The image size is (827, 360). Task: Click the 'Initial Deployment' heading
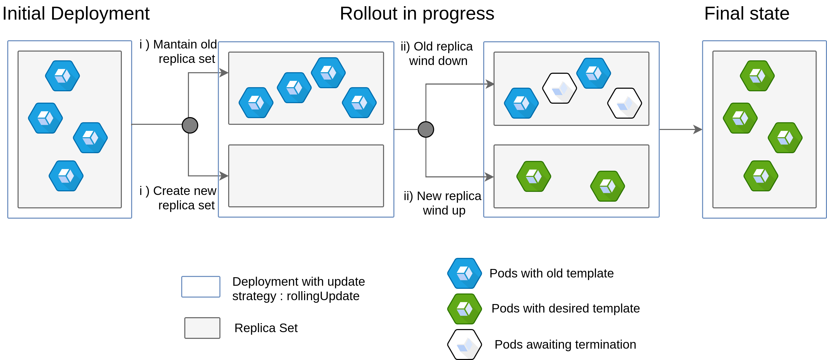[76, 14]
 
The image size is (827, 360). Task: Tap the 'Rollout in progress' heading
[417, 14]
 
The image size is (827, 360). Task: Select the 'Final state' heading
[747, 14]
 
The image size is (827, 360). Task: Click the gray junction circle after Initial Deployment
[190, 125]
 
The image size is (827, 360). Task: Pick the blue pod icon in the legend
[465, 273]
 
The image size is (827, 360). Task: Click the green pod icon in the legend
[465, 309]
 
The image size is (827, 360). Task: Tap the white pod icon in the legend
[465, 345]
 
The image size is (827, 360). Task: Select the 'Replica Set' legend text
[266, 328]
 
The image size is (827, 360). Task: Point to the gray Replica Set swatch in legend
[202, 328]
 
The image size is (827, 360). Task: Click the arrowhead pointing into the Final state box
[698, 129]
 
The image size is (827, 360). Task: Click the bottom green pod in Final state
[761, 176]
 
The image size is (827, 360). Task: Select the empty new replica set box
[306, 176]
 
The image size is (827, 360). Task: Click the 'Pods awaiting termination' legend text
[565, 345]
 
